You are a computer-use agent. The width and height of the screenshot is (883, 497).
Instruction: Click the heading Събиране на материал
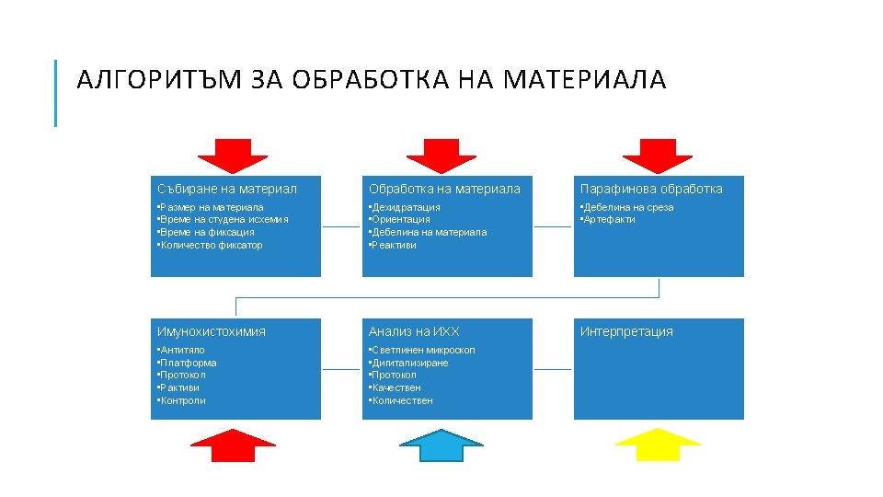227,189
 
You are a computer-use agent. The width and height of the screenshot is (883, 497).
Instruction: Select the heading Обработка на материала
444,189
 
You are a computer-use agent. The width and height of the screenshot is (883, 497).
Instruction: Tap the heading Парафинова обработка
651,189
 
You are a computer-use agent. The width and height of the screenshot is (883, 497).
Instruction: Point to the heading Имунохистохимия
212,331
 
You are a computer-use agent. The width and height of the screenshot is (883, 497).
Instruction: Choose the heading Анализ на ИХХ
414,331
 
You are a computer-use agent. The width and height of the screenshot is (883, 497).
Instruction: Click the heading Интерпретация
626,331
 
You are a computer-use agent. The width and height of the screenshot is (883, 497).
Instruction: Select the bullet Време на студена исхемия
224,220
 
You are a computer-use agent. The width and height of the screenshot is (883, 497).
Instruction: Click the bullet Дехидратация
405,207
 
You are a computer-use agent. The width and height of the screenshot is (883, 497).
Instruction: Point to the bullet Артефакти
608,220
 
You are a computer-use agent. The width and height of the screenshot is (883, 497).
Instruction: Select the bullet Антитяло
182,350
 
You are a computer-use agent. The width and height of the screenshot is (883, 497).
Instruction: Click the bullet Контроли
182,401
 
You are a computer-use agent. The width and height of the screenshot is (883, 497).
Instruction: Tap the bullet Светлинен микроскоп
422,350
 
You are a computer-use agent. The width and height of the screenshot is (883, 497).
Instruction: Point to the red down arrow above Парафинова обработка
657,155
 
